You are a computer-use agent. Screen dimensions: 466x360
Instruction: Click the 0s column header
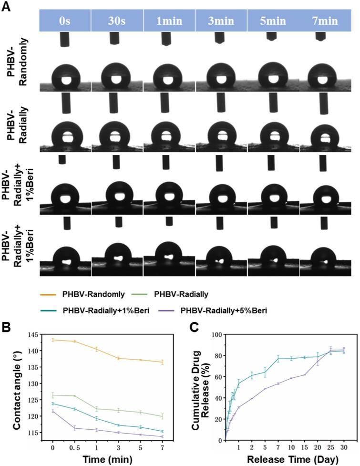click(65, 21)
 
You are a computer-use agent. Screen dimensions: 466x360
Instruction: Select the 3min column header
click(221, 21)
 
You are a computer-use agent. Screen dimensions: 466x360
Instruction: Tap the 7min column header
click(325, 21)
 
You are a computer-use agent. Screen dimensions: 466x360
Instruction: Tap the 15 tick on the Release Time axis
click(304, 448)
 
